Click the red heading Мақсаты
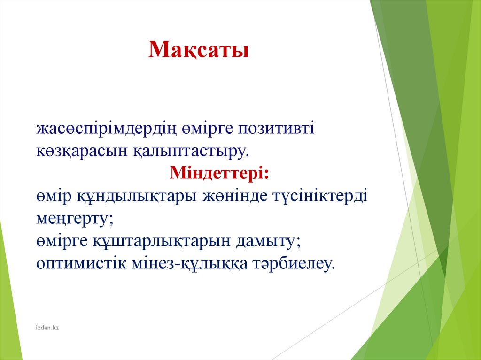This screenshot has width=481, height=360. pyautogui.click(x=199, y=49)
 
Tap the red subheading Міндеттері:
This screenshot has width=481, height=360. pyautogui.click(x=219, y=172)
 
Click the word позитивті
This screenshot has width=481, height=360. pyautogui.click(x=276, y=128)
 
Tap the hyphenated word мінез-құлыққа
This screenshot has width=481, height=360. pyautogui.click(x=189, y=264)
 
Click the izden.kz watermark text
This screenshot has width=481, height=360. pyautogui.click(x=47, y=328)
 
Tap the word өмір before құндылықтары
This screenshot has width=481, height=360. pyautogui.click(x=54, y=197)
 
